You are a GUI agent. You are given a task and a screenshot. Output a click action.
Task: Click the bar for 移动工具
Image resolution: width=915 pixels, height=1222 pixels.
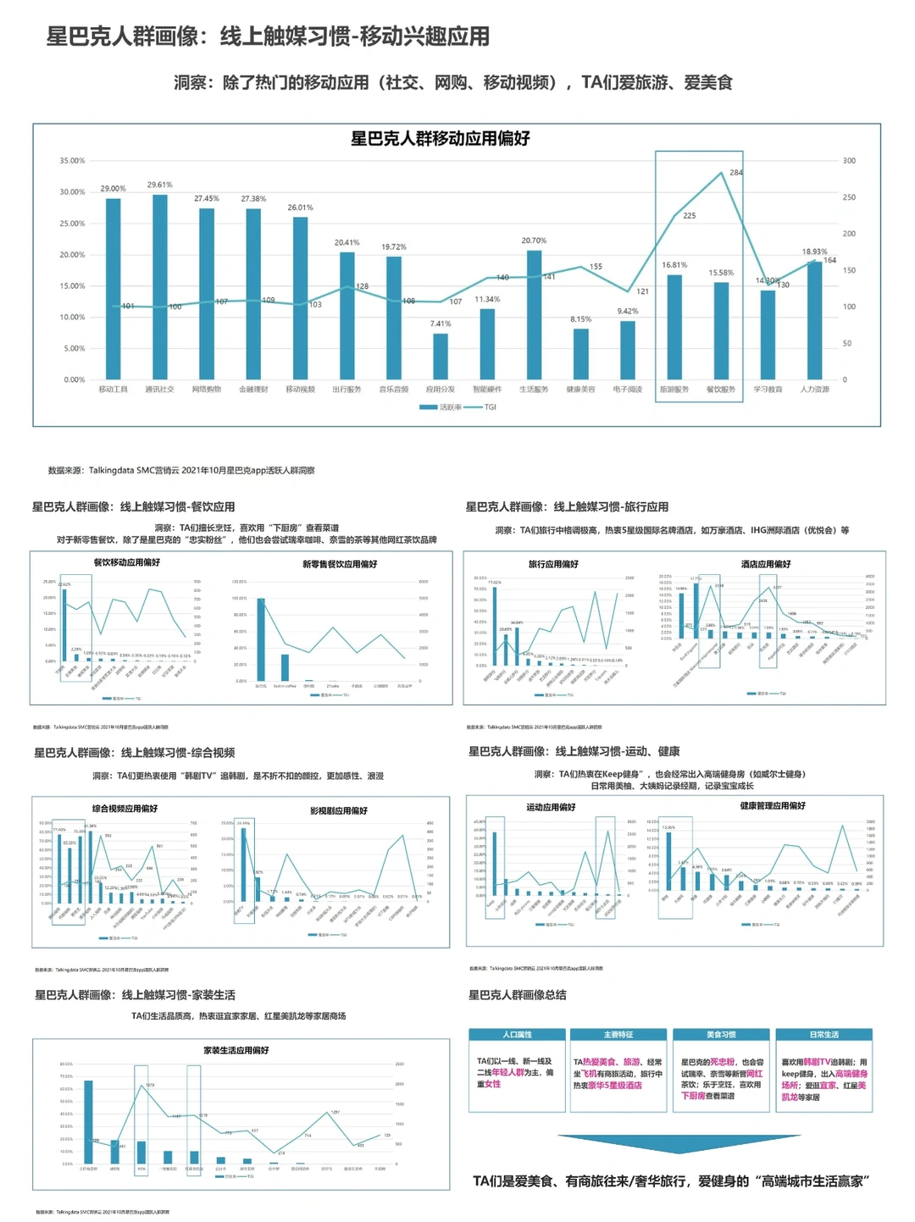pyautogui.click(x=113, y=288)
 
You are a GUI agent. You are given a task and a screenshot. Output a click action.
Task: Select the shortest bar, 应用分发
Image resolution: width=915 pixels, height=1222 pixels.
pyautogui.click(x=441, y=356)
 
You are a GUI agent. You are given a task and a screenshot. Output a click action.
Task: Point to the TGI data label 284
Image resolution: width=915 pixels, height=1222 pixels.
pyautogui.click(x=735, y=172)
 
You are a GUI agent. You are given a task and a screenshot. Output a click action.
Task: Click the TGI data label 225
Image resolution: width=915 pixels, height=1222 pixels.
pyautogui.click(x=689, y=216)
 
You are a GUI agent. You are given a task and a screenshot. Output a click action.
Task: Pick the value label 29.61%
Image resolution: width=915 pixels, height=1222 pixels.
pyautogui.click(x=159, y=185)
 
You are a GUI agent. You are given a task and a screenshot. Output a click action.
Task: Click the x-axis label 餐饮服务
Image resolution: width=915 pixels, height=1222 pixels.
pyautogui.click(x=721, y=390)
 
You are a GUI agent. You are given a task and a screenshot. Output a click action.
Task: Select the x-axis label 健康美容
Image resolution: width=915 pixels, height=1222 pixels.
pyautogui.click(x=580, y=390)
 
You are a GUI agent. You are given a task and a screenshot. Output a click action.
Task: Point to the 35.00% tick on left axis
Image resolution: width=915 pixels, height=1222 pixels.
pyautogui.click(x=72, y=161)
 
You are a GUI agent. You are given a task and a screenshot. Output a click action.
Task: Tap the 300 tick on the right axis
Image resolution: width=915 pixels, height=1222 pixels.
pyautogui.click(x=849, y=161)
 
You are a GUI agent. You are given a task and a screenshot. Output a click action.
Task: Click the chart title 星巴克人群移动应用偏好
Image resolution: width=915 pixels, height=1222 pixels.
pyautogui.click(x=441, y=139)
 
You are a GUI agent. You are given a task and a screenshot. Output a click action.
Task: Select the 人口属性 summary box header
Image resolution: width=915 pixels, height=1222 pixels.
pyautogui.click(x=517, y=1035)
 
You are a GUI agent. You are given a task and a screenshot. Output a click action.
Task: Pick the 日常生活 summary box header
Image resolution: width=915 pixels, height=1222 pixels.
pyautogui.click(x=823, y=1035)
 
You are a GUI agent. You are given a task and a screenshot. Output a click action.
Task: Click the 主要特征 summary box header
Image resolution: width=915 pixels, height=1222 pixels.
pyautogui.click(x=618, y=1035)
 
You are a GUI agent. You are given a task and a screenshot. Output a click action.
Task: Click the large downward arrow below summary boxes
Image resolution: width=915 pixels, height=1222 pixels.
pyautogui.click(x=679, y=1143)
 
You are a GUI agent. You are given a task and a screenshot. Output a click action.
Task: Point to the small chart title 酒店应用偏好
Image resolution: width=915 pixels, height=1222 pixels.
pyautogui.click(x=765, y=564)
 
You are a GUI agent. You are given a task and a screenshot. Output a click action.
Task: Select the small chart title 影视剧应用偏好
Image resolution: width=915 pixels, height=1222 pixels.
pyautogui.click(x=339, y=811)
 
